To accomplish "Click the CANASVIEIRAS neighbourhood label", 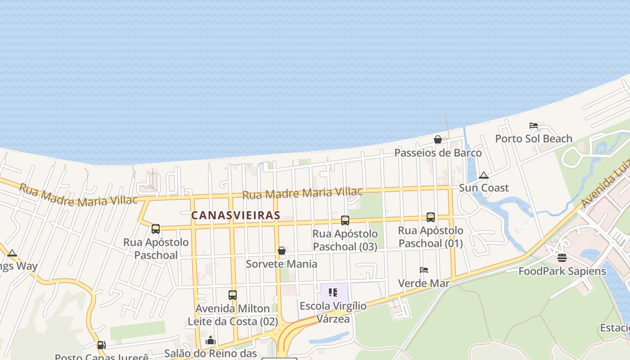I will [235, 216].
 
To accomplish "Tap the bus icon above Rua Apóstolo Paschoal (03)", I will [345, 220].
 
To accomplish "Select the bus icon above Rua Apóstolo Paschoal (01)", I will [431, 217].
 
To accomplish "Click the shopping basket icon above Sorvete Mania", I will [282, 251].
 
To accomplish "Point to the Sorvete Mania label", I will [282, 264].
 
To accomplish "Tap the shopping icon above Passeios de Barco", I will [438, 139].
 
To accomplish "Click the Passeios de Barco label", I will [438, 153].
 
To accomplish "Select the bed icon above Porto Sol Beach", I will [534, 126].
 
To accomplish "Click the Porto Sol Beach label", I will [534, 139].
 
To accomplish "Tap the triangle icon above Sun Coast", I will [484, 175].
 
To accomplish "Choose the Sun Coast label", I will [484, 188].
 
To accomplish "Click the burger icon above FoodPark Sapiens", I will [562, 258].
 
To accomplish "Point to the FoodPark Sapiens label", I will [562, 271].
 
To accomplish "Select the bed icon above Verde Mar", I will [424, 270].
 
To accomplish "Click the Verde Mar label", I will [424, 283].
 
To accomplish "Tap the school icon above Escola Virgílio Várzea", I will [333, 293].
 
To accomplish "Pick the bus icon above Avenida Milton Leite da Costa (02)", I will [233, 295].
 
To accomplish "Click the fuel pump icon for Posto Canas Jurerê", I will [102, 345].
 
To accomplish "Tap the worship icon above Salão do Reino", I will [211, 340].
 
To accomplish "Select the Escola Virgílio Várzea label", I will [333, 312].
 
